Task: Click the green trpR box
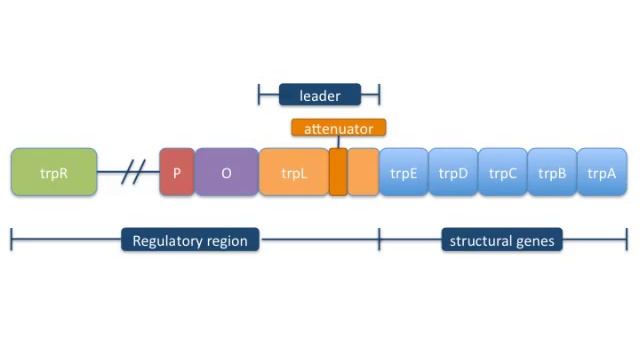(x=54, y=172)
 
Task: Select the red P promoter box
(x=177, y=172)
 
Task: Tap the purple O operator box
(x=226, y=172)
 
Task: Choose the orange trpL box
(x=293, y=172)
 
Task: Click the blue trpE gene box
(x=404, y=172)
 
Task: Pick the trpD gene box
(x=453, y=172)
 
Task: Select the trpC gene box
(x=502, y=172)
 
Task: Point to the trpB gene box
(x=552, y=172)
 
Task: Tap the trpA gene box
(x=602, y=172)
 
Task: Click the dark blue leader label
(x=319, y=96)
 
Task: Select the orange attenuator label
(x=339, y=128)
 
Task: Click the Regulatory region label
(x=190, y=240)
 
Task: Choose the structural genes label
(x=502, y=240)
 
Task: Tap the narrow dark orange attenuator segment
(x=338, y=172)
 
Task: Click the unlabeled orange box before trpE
(x=364, y=172)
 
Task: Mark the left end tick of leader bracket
(x=259, y=96)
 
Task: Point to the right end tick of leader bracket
(x=379, y=96)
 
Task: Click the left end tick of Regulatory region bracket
(x=11, y=240)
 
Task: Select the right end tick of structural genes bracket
(x=627, y=240)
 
